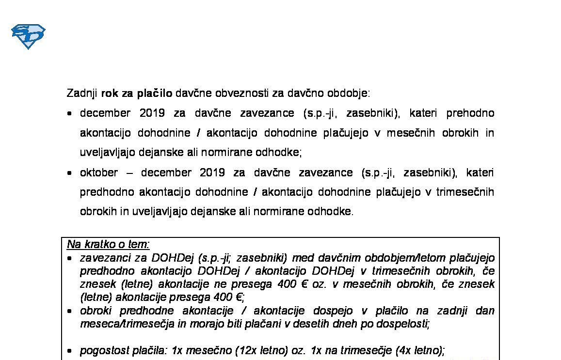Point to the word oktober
[99, 172]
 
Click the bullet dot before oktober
[70, 173]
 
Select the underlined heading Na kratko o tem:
[108, 244]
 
